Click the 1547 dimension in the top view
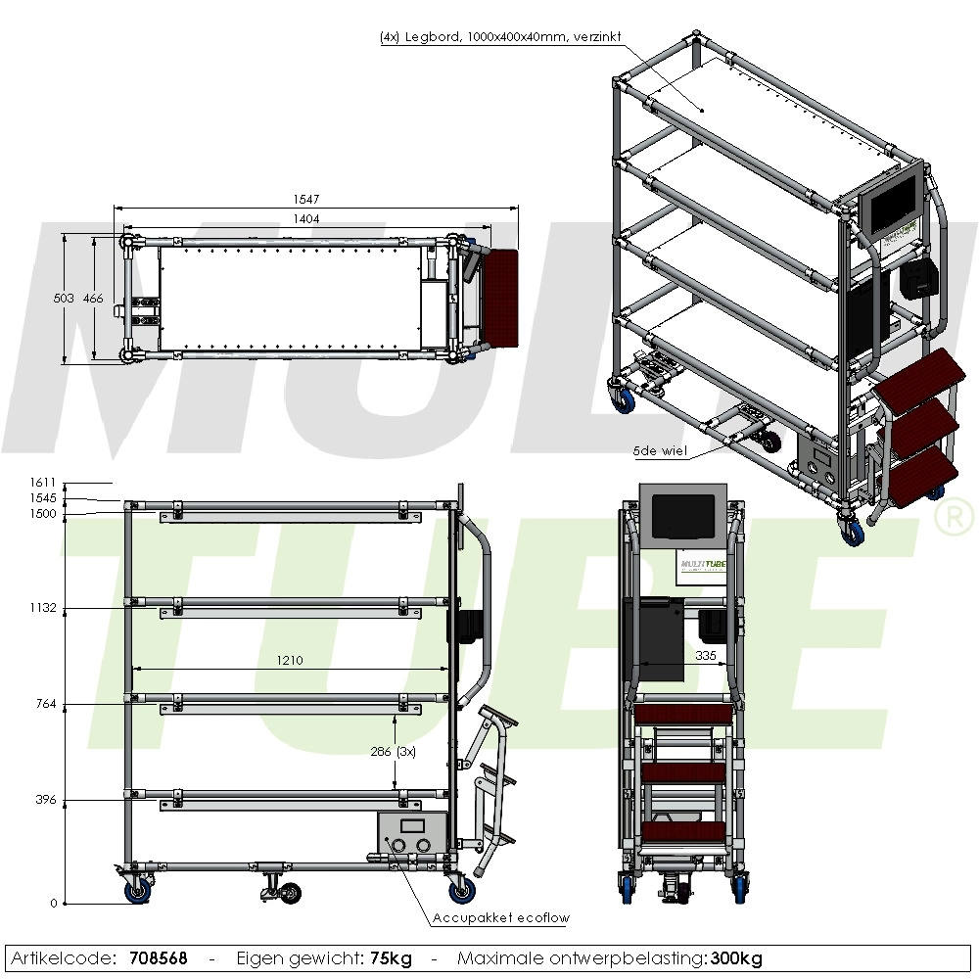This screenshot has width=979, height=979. pyautogui.click(x=305, y=199)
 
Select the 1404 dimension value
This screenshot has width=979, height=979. pyautogui.click(x=305, y=218)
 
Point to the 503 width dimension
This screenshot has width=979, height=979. pyautogui.click(x=64, y=299)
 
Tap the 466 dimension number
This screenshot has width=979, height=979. pyautogui.click(x=93, y=299)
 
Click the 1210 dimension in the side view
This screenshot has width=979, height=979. pyautogui.click(x=290, y=660)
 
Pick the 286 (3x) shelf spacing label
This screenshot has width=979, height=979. pyautogui.click(x=394, y=752)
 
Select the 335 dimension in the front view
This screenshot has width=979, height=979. pyautogui.click(x=706, y=655)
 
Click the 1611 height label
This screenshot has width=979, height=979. pyautogui.click(x=42, y=482)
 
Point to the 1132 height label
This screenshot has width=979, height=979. pyautogui.click(x=42, y=608)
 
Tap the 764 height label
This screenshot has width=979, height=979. pyautogui.click(x=46, y=704)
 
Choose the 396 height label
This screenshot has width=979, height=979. pyautogui.click(x=46, y=799)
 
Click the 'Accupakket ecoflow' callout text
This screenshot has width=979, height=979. pyautogui.click(x=500, y=918)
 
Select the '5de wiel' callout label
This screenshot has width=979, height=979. pyautogui.click(x=660, y=450)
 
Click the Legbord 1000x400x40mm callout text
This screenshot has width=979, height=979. pyautogui.click(x=500, y=37)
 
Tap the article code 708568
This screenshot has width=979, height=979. pyautogui.click(x=159, y=958)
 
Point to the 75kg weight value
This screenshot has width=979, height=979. pyautogui.click(x=391, y=958)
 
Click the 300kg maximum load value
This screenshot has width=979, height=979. pyautogui.click(x=736, y=958)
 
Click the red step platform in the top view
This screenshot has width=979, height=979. pyautogui.click(x=501, y=298)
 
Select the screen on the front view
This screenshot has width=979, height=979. pyautogui.click(x=683, y=517)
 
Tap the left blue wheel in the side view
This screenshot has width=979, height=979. pyautogui.click(x=137, y=891)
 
